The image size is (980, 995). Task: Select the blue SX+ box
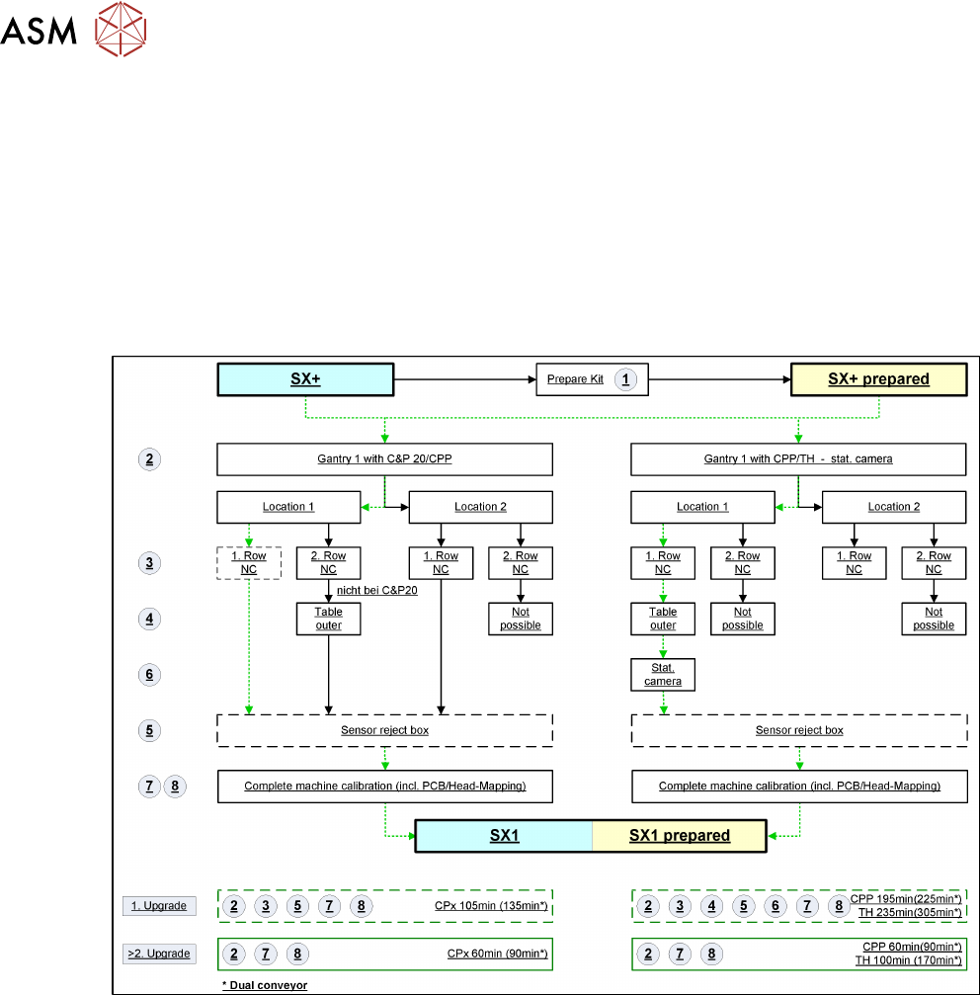point(305,379)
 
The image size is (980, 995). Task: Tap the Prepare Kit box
point(576,379)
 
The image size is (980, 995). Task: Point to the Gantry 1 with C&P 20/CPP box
point(384,458)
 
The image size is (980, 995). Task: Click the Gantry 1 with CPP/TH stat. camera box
point(798,458)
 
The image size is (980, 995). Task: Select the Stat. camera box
point(663,675)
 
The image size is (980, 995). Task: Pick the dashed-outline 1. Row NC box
point(249,562)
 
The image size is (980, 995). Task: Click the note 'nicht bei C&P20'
point(390,591)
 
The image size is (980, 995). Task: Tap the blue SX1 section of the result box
point(504,835)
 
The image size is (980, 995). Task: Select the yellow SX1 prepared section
point(680,835)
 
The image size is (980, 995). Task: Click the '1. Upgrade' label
point(155,906)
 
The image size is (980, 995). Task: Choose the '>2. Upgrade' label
point(156,954)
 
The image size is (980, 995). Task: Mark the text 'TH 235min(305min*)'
point(908,912)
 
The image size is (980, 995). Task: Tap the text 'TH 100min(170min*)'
point(908,960)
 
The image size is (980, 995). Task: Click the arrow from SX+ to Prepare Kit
point(464,379)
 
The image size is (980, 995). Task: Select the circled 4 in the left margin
point(148,620)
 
